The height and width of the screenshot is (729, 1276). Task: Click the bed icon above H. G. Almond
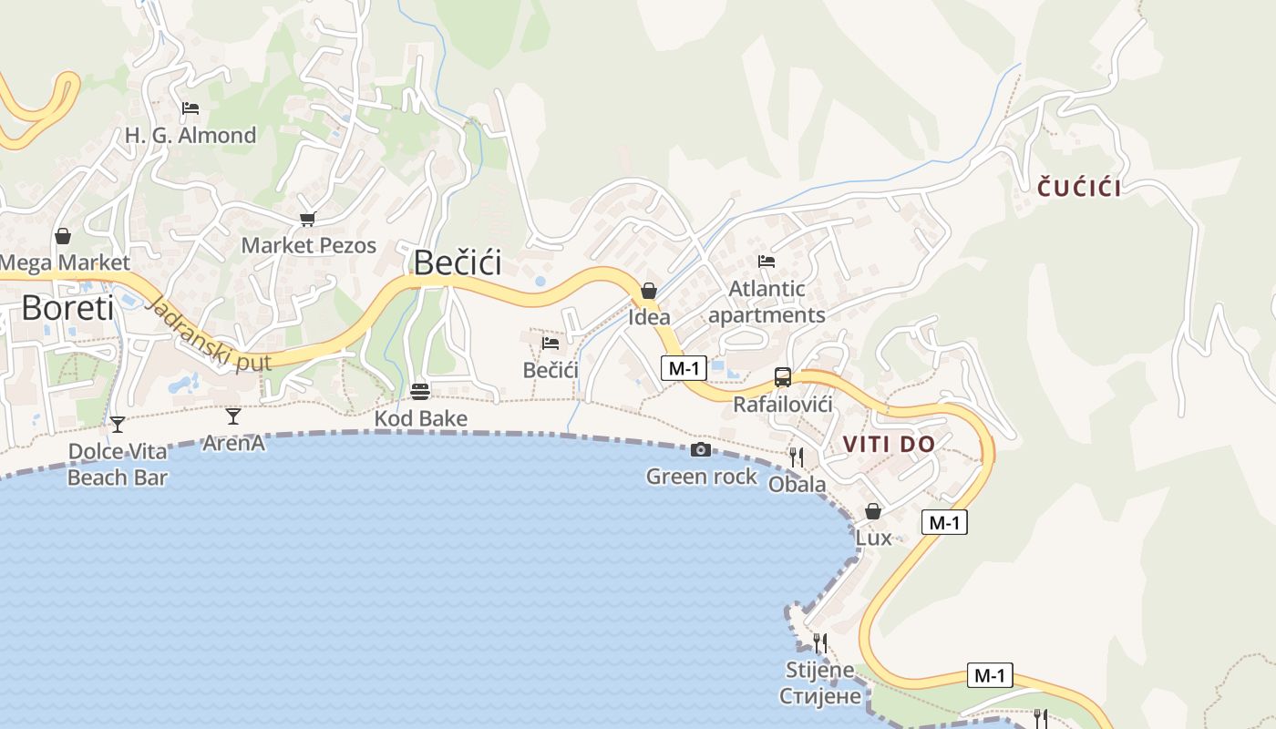coord(190,108)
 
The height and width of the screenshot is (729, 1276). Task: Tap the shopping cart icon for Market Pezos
coord(307,219)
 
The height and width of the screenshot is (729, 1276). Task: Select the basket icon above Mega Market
coord(63,237)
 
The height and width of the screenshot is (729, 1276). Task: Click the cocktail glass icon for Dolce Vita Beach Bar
coord(117,424)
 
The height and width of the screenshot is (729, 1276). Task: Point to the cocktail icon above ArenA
coord(233,416)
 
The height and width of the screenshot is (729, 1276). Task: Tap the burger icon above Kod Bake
coord(420,392)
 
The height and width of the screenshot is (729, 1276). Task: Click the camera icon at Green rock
coord(700,450)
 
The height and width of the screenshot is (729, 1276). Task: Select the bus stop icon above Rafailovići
coord(782,376)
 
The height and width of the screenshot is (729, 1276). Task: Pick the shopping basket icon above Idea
coord(649,291)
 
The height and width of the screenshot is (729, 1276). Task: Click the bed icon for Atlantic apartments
coord(767,262)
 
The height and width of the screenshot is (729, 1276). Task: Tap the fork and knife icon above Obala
coord(797,457)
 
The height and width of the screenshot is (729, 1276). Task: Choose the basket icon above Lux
coord(873,511)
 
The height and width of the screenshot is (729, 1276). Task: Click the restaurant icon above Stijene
coord(819,643)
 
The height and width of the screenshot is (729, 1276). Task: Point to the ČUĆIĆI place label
coord(1079,189)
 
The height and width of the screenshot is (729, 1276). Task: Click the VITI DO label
coord(889,445)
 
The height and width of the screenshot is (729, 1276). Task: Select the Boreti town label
coord(67,308)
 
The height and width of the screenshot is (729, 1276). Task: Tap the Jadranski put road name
coord(208,333)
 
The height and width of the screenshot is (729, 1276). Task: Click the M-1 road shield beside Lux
coord(943,522)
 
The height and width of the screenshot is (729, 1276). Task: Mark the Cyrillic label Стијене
coord(819,696)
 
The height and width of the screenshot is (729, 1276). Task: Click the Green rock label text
coord(701,476)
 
